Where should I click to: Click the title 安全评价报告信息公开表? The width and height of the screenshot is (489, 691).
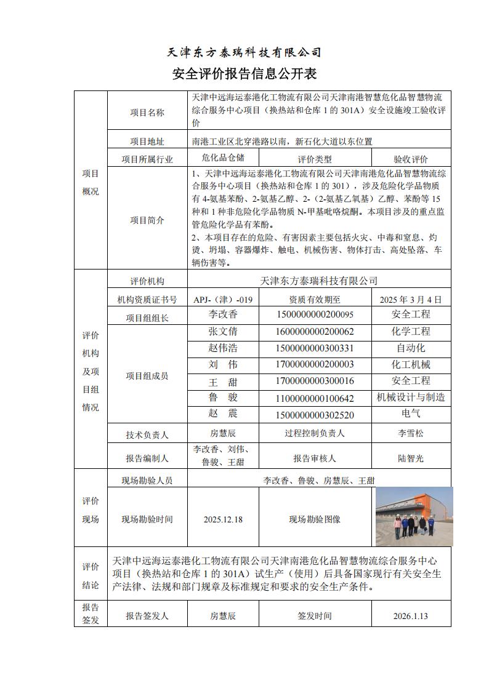244,74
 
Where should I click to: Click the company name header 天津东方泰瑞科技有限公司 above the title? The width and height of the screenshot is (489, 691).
244,52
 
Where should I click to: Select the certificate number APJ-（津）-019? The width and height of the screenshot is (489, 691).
223,300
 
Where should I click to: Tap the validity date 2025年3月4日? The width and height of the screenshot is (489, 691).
411,300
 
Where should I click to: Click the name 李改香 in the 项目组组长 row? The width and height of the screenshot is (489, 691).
223,314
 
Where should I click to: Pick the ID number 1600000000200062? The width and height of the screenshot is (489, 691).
315,331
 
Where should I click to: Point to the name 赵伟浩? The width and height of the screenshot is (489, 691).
223,348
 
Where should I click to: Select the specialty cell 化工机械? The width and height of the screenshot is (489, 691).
411,364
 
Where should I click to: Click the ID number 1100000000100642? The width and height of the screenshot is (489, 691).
315,398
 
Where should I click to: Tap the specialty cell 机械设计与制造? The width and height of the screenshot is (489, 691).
411,397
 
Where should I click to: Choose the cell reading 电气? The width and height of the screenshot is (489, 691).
411,414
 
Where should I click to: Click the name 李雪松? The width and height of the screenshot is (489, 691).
411,434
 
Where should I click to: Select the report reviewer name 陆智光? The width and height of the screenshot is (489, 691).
411,458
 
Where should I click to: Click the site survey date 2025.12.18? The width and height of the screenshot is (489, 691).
223,519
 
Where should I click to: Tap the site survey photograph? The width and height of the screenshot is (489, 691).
414,517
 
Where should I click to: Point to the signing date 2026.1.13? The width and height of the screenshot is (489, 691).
411,616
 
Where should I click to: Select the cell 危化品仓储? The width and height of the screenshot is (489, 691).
223,158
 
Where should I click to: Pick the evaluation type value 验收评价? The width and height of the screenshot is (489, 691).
411,159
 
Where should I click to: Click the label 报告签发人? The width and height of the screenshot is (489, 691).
147,616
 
